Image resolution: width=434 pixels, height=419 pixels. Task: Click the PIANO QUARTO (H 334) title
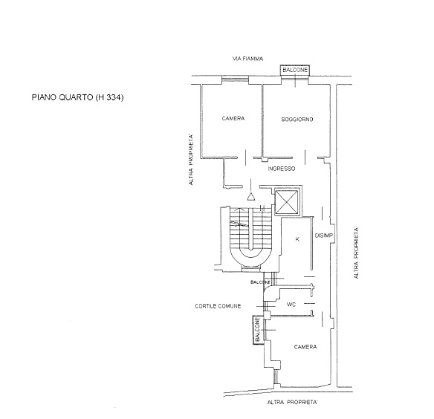pos(77,97)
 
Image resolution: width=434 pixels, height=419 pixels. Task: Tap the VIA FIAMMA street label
pos(247,59)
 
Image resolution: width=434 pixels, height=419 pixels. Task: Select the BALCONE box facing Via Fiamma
pos(295,70)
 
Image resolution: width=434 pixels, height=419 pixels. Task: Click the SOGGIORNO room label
pos(297,120)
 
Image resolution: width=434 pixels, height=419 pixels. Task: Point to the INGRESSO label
pos(282,169)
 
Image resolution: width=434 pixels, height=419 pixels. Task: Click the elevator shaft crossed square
pos(287,202)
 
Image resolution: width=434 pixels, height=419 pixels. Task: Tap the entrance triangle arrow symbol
pos(251,196)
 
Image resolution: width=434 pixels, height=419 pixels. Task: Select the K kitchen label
pos(297,239)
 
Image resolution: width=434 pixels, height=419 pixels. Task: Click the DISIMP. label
pos(324,236)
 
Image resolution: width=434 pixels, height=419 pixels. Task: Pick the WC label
pos(291,305)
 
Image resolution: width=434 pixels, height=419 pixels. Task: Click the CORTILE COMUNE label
pos(218,306)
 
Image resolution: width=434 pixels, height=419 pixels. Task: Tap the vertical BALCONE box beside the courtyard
pos(258,330)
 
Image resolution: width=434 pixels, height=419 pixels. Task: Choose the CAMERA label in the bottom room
pos(305,347)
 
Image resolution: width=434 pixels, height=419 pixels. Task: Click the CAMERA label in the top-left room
pos(233,118)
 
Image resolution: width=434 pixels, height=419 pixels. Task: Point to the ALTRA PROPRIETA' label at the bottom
pos(292,402)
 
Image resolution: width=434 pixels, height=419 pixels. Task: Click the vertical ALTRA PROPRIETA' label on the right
pos(356,253)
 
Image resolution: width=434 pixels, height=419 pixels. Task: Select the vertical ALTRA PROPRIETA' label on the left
pos(191,160)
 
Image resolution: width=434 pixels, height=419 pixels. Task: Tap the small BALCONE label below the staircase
pos(260,282)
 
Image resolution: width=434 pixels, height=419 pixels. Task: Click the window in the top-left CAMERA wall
pos(235,80)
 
